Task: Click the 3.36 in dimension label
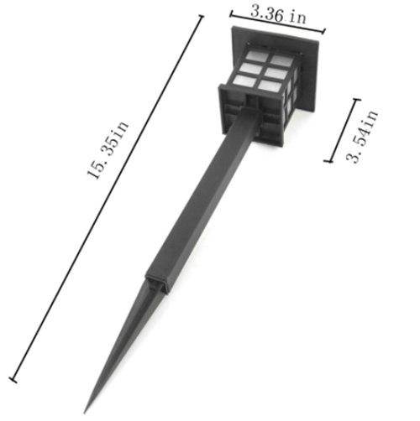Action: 276,13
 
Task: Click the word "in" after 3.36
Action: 298,17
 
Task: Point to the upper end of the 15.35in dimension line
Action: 201,17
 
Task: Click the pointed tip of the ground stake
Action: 90,402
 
